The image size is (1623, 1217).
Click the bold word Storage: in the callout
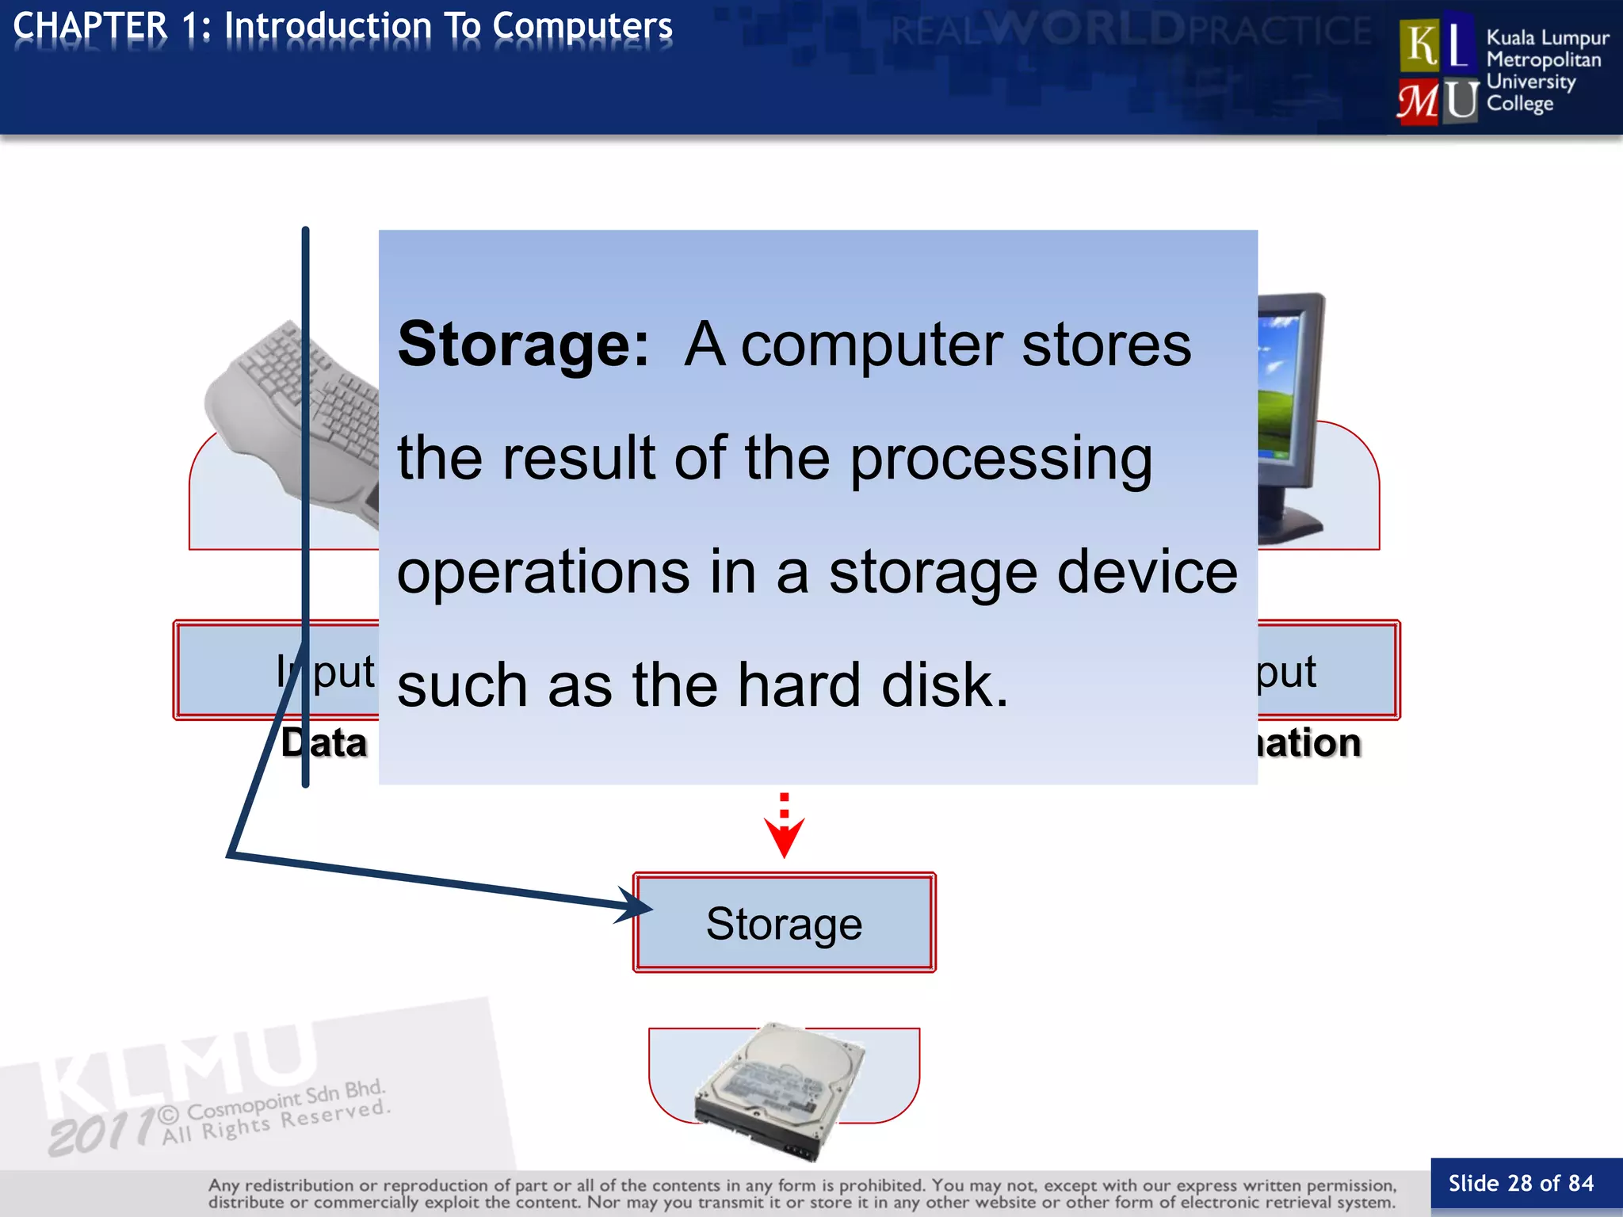tap(523, 345)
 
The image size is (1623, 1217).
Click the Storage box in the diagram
tap(784, 923)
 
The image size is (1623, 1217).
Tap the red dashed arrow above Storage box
tap(784, 827)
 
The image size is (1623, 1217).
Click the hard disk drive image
tap(781, 1089)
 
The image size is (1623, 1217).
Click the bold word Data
tap(324, 743)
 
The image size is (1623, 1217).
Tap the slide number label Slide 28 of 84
tap(1520, 1184)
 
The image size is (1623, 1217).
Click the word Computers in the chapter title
tap(582, 26)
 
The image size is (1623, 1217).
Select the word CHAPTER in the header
tap(90, 26)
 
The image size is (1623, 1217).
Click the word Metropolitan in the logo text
tap(1543, 59)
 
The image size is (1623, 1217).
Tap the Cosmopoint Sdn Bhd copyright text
tap(285, 1101)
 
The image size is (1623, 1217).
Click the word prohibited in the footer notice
tap(881, 1185)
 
